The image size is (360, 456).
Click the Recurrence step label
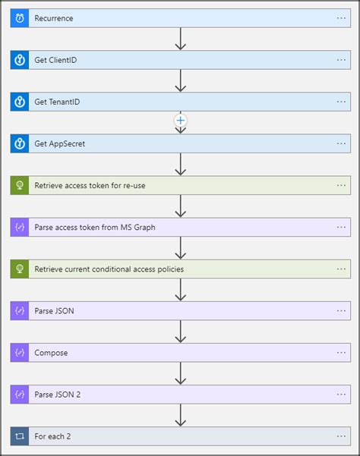point(54,18)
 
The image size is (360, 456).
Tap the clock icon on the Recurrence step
point(20,18)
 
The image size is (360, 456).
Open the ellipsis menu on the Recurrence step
point(341,18)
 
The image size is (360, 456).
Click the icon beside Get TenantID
point(20,102)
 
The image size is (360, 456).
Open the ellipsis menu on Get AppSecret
point(341,143)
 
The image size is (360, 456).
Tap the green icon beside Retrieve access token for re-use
point(20,185)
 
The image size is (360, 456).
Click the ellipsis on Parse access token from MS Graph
point(341,227)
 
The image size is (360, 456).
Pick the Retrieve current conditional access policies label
point(109,269)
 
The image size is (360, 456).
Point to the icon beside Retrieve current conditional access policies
point(20,269)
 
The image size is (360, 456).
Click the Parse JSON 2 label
point(58,394)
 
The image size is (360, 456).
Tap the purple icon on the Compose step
point(20,352)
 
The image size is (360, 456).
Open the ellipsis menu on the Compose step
point(341,352)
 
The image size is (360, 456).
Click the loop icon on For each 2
point(20,436)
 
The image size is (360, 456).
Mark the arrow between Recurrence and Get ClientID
point(180,39)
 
